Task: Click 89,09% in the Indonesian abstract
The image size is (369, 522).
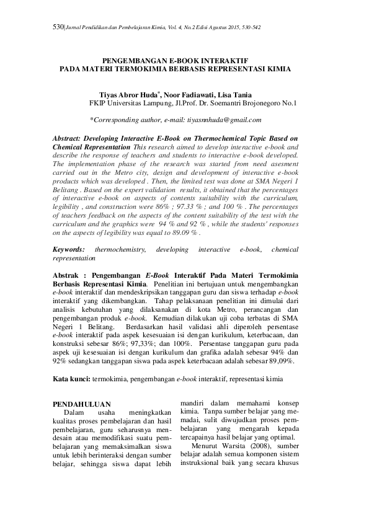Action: pos(278,361)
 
